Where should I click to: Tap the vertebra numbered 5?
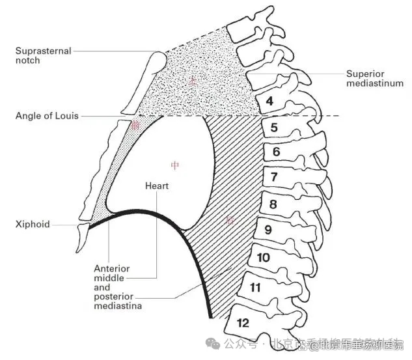pyautogui.click(x=274, y=128)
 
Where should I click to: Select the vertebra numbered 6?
pyautogui.click(x=276, y=152)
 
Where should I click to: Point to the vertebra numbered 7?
pyautogui.click(x=274, y=176)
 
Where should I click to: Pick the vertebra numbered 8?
pyautogui.click(x=273, y=204)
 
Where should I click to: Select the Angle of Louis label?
pyautogui.click(x=47, y=116)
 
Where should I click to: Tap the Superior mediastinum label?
pyautogui.click(x=374, y=78)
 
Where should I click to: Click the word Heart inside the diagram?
pyautogui.click(x=157, y=186)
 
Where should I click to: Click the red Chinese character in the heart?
pyautogui.click(x=174, y=165)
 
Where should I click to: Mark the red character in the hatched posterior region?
pyautogui.click(x=230, y=220)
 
